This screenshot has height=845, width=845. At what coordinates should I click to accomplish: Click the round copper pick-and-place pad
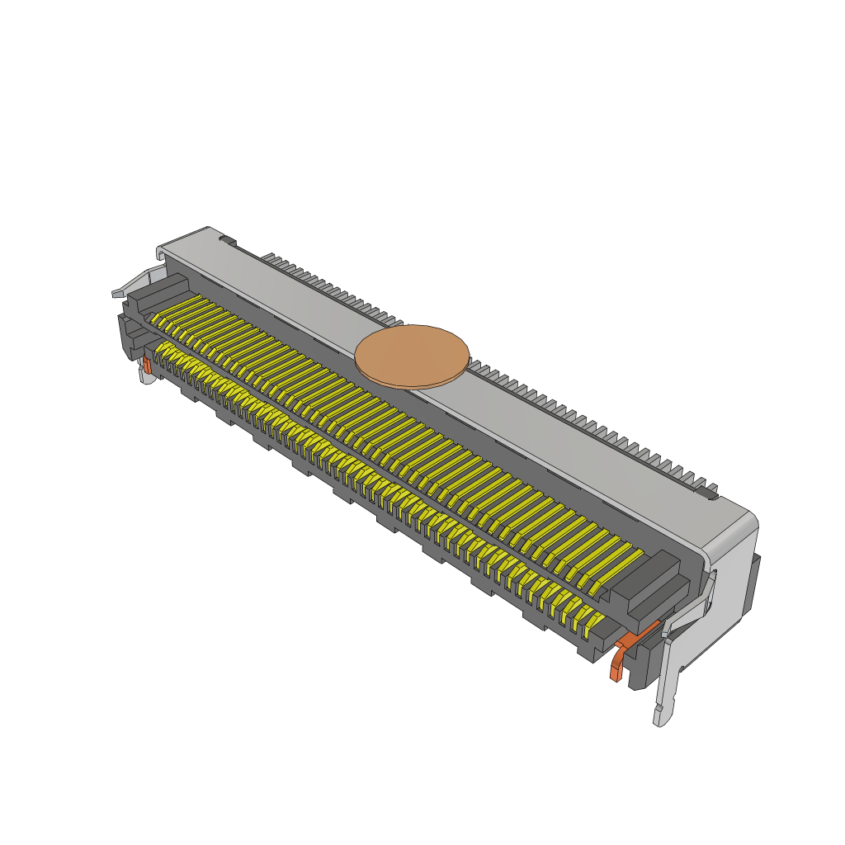point(412,356)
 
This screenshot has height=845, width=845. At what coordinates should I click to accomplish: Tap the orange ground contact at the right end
point(617,660)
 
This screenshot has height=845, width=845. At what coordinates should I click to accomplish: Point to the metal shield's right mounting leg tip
point(660,716)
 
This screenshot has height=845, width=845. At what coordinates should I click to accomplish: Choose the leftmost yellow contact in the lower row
point(157,355)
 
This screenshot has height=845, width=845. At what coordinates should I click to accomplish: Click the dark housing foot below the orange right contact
point(639,673)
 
